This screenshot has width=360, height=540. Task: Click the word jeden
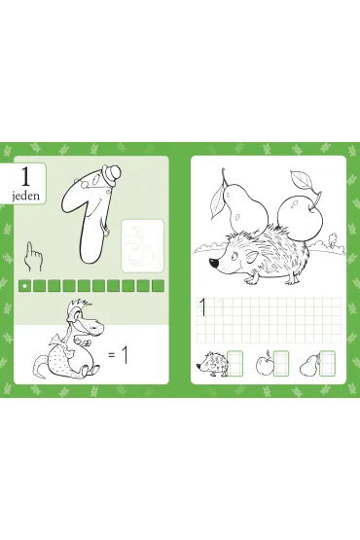pyautogui.click(x=26, y=196)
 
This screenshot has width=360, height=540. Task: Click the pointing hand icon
pyautogui.click(x=33, y=256)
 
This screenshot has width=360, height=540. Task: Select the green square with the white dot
pyautogui.click(x=24, y=286)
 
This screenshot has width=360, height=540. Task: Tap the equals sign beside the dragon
pyautogui.click(x=111, y=355)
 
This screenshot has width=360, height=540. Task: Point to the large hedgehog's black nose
pyautogui.click(x=214, y=263)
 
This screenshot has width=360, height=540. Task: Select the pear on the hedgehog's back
pyautogui.click(x=245, y=210)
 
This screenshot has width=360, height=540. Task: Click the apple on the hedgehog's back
pyautogui.click(x=300, y=216)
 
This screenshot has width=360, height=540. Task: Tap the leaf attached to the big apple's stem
pyautogui.click(x=301, y=180)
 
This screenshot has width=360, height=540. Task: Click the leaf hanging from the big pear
pyautogui.click(x=218, y=202)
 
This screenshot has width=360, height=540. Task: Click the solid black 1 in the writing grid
pyautogui.click(x=203, y=307)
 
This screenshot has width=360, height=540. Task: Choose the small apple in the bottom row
pyautogui.click(x=265, y=364)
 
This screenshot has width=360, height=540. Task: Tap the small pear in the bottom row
pyautogui.click(x=309, y=366)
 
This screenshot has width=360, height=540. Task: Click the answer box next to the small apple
pyautogui.click(x=281, y=363)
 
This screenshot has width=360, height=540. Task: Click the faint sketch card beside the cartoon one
pyautogui.click(x=143, y=246)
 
